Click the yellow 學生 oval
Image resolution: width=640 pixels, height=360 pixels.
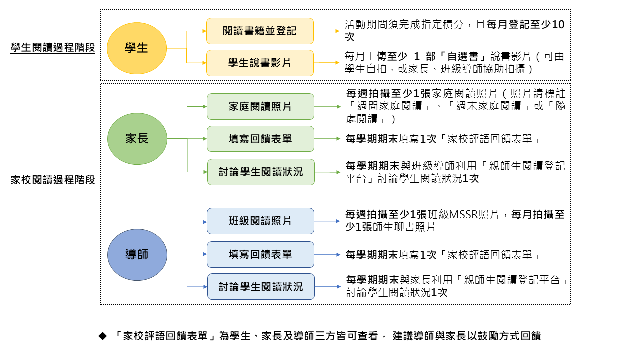(x=136, y=48)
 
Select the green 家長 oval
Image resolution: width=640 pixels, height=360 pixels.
(x=137, y=139)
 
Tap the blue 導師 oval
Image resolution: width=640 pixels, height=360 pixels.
(x=137, y=254)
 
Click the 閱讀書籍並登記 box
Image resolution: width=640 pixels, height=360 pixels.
(x=260, y=31)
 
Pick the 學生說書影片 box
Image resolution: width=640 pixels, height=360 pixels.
(x=260, y=63)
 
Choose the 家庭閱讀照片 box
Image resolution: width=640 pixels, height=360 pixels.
(x=260, y=106)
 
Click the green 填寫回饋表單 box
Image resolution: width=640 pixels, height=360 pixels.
(x=260, y=139)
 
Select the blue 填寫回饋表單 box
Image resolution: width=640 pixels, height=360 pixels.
(x=260, y=254)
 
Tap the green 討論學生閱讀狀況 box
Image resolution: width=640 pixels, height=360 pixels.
(x=261, y=172)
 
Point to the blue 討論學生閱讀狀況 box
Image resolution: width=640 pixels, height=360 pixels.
(x=261, y=287)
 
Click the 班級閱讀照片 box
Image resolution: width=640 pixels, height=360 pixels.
(x=260, y=221)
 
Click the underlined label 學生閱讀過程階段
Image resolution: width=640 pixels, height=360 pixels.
(x=53, y=48)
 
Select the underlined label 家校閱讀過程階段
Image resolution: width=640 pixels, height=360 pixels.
(x=53, y=180)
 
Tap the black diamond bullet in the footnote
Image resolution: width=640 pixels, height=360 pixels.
(x=103, y=336)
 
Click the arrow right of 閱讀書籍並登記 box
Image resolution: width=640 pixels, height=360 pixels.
(x=327, y=31)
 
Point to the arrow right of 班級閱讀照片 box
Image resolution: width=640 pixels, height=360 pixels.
(x=327, y=221)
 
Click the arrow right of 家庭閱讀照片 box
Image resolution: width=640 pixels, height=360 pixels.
(x=327, y=106)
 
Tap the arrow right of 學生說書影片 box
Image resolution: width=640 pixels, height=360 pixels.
(x=327, y=63)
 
